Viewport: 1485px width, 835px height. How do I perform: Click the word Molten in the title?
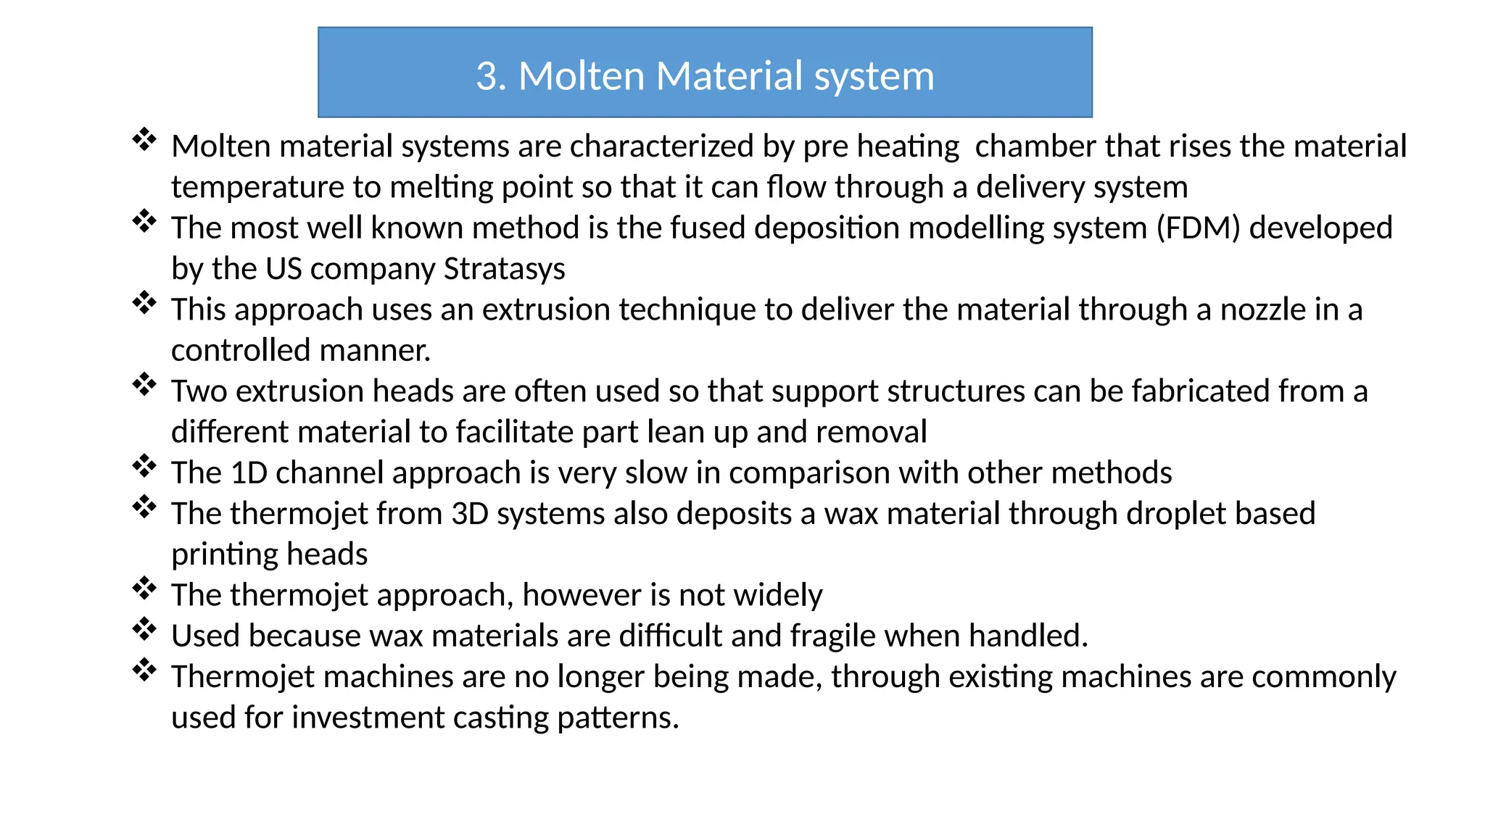[x=582, y=76]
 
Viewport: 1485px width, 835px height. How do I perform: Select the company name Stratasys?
[x=504, y=269]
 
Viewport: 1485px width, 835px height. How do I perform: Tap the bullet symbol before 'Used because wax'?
[x=144, y=628]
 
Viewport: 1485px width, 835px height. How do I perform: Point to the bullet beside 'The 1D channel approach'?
[x=144, y=465]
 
